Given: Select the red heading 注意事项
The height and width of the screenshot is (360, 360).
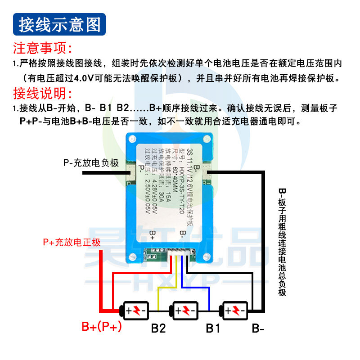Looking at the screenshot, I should (x=43, y=48).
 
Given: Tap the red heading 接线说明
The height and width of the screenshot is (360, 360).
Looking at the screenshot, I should (x=43, y=94).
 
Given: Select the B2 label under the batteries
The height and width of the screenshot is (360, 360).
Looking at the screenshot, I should (x=158, y=328).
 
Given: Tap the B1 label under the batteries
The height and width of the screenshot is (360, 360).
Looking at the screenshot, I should (x=213, y=328).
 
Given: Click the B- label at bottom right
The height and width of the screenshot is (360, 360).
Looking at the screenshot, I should (x=258, y=328).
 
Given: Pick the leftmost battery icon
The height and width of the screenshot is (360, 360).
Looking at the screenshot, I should (x=135, y=310).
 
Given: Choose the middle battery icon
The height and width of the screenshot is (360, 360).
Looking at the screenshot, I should (x=184, y=310).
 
